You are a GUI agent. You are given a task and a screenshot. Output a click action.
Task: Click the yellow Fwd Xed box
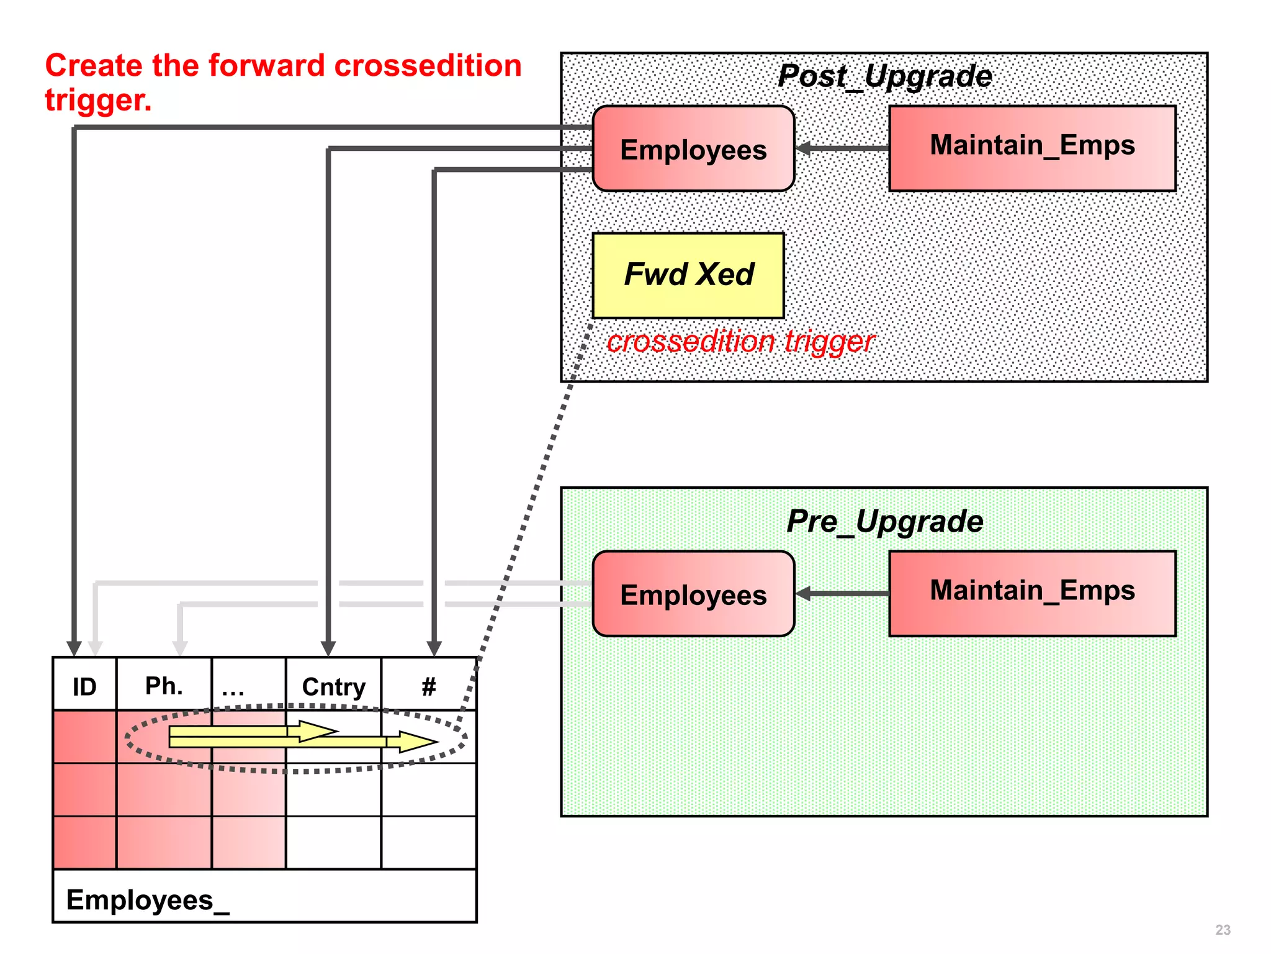click(688, 275)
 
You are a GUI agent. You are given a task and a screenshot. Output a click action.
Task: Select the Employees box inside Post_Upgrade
click(693, 149)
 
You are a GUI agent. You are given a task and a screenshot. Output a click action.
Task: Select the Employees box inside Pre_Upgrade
click(693, 594)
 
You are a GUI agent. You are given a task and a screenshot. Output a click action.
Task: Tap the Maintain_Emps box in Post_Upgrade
click(1032, 148)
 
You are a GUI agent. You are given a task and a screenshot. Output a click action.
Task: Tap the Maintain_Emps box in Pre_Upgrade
click(1032, 593)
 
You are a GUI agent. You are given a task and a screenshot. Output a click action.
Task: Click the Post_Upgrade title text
click(884, 76)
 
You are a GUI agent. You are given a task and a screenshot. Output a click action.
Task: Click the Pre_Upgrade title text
click(884, 521)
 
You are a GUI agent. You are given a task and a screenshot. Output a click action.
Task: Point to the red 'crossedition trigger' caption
click(740, 342)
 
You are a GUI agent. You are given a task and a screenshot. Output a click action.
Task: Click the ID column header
click(84, 686)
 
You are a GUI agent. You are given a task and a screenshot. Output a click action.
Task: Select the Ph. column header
click(164, 686)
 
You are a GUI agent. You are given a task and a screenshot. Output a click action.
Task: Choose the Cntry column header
click(333, 686)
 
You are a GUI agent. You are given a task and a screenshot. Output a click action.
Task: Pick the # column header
click(428, 686)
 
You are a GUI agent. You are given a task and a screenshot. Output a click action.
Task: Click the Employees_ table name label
click(148, 900)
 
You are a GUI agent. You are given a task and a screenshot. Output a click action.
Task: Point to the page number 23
click(1223, 930)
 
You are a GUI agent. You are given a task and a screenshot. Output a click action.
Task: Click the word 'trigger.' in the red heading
click(98, 100)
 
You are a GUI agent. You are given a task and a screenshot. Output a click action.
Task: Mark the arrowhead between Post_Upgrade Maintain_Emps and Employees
click(804, 148)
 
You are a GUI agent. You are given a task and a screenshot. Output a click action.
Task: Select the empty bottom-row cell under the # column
click(428, 842)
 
